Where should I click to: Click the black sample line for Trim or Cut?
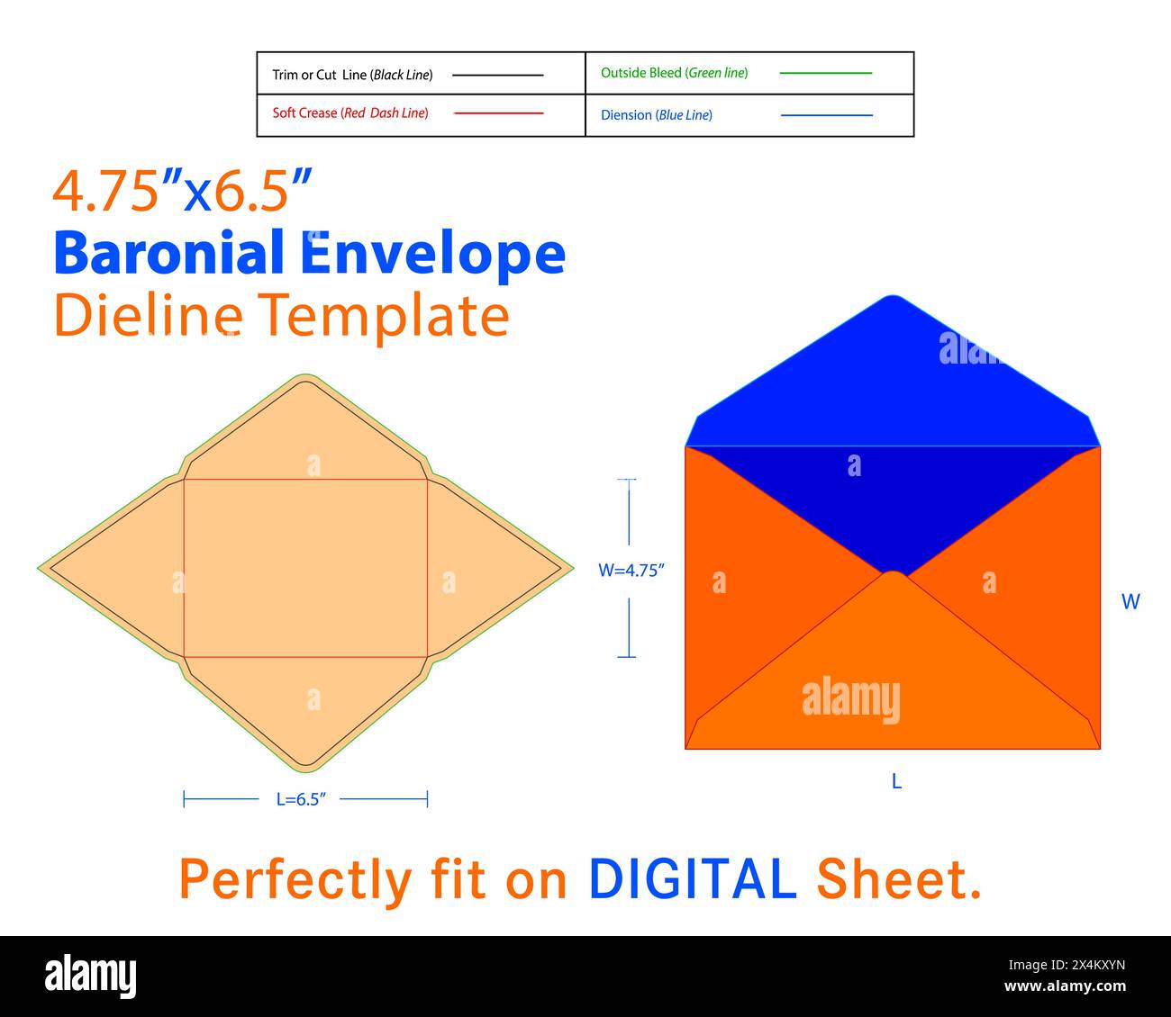[x=498, y=75]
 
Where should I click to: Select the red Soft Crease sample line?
[x=498, y=113]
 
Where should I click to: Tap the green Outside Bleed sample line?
[x=826, y=73]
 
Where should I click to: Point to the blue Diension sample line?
[x=827, y=115]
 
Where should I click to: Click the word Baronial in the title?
[x=168, y=252]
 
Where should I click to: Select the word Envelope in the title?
[x=432, y=256]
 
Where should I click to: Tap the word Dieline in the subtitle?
[x=149, y=314]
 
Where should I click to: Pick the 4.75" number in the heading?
[x=117, y=191]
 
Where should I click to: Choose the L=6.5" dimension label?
[x=301, y=799]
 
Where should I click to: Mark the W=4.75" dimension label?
[x=631, y=571]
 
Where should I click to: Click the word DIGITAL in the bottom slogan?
[x=693, y=878]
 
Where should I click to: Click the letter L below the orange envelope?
[x=897, y=781]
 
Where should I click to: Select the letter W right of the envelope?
[x=1130, y=601]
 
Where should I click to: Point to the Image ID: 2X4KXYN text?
[x=1067, y=965]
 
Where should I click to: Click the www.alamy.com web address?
[x=1065, y=986]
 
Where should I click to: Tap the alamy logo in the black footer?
[x=90, y=976]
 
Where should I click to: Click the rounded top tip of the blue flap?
[x=893, y=296]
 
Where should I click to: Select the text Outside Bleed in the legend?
[x=641, y=73]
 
